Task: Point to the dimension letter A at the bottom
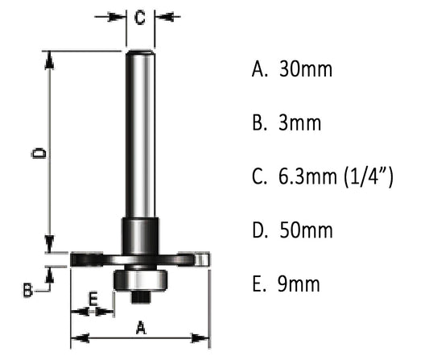[x=140, y=328]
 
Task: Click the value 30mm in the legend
[x=305, y=70]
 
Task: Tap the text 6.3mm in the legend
[x=303, y=177]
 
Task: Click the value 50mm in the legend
[x=305, y=231]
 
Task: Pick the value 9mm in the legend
[x=299, y=284]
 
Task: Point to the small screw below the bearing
[x=140, y=295]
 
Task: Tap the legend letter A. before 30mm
[x=260, y=70]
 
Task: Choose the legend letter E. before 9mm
[x=259, y=284]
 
